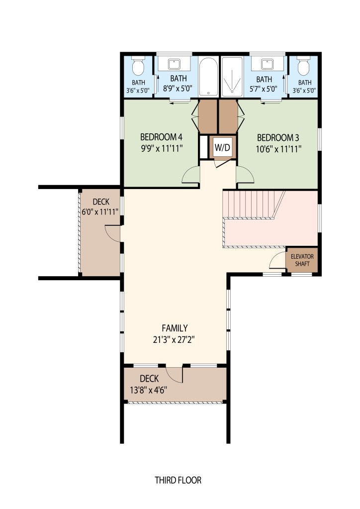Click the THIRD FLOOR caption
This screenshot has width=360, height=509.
click(178, 480)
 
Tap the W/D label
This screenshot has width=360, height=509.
click(222, 148)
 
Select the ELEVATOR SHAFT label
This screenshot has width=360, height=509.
click(302, 260)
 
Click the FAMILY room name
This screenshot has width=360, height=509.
click(175, 328)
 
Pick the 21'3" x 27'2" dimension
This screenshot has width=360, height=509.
click(174, 339)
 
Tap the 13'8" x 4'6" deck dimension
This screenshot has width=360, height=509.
click(149, 390)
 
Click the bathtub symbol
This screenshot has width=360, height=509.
click(208, 77)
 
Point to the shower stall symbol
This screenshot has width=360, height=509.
click(232, 77)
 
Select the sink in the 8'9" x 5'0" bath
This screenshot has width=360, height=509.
click(174, 64)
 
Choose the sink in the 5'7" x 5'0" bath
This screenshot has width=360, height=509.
click(267, 64)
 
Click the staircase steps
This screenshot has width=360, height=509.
click(253, 204)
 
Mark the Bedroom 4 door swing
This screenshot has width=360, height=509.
click(191, 175)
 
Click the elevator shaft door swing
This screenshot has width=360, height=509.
click(277, 260)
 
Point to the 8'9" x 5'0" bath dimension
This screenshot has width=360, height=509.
click(178, 88)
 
